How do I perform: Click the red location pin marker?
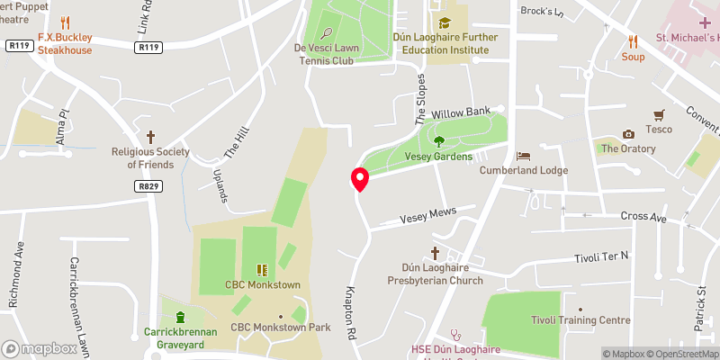(x=360, y=179)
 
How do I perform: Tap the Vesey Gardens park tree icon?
(x=439, y=140)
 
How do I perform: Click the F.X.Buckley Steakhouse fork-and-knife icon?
(x=65, y=22)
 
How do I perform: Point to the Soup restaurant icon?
(x=633, y=40)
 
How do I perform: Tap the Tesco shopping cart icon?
(x=659, y=114)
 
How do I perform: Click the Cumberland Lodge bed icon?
(x=522, y=155)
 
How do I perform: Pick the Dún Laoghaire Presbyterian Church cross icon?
(x=435, y=253)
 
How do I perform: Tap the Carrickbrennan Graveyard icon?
(x=179, y=317)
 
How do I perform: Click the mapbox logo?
(x=40, y=348)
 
